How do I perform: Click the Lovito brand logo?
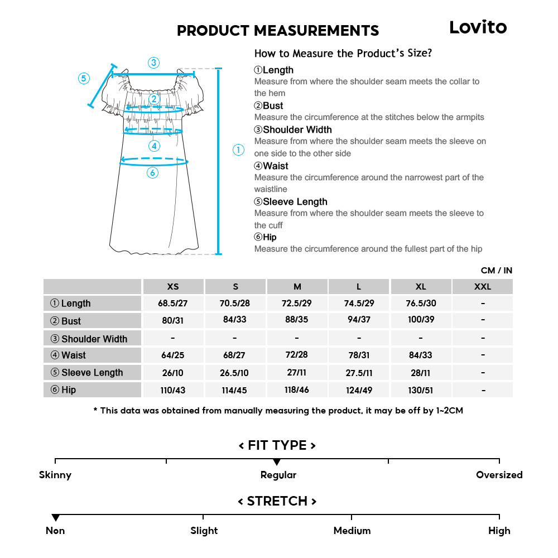pyautogui.click(x=478, y=27)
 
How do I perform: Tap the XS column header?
pyautogui.click(x=173, y=287)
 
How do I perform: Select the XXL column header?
pyautogui.click(x=482, y=287)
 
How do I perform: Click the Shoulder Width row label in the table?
pyautogui.click(x=89, y=339)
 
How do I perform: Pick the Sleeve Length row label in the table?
pyautogui.click(x=87, y=373)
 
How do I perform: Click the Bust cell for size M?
pyautogui.click(x=297, y=320)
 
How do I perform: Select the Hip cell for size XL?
pyautogui.click(x=421, y=390)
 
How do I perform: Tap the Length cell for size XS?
pyautogui.click(x=173, y=303)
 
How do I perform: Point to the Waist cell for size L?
pyautogui.click(x=359, y=355)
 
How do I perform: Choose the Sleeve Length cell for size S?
pyautogui.click(x=235, y=373)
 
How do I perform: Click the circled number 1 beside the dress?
pyautogui.click(x=238, y=150)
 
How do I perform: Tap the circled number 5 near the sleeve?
pyautogui.click(x=84, y=78)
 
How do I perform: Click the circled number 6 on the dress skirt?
pyautogui.click(x=152, y=173)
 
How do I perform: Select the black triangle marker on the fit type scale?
pyautogui.click(x=277, y=462)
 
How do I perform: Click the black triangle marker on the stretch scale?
pyautogui.click(x=55, y=518)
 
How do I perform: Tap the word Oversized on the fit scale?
pyautogui.click(x=499, y=475)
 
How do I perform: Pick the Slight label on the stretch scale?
pyautogui.click(x=204, y=531)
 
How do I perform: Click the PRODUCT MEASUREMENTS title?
pyautogui.click(x=278, y=31)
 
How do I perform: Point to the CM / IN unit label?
pyautogui.click(x=496, y=271)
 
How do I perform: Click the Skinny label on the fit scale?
pyautogui.click(x=55, y=475)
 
